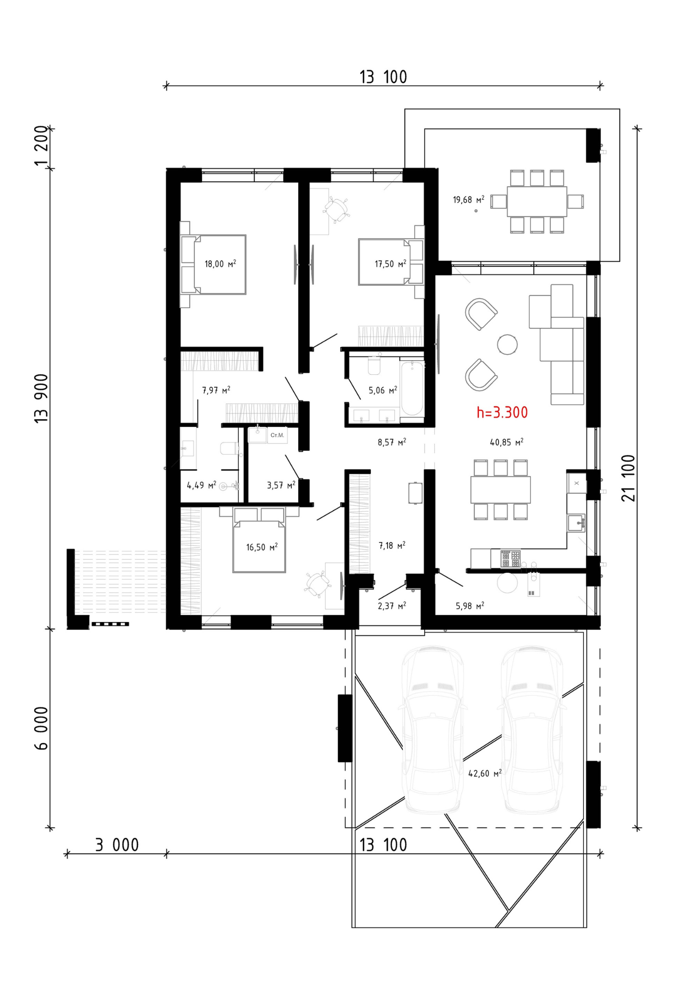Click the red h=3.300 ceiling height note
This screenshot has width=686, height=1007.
[502, 412]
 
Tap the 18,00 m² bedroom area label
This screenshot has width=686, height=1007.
[220, 264]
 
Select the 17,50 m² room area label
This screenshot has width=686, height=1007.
[391, 264]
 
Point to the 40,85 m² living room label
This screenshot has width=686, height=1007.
[507, 442]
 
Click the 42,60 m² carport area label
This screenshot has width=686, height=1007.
[485, 773]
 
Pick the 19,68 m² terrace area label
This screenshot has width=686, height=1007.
[469, 200]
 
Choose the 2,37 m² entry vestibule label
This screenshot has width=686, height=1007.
[392, 606]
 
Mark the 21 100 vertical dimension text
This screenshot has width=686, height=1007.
[628, 478]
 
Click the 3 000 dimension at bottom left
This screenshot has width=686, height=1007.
[117, 845]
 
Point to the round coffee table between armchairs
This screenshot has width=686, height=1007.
[507, 344]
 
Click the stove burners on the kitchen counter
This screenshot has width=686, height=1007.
[510, 558]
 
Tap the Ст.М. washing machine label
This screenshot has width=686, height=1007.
[277, 435]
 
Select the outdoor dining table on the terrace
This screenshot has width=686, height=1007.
[537, 201]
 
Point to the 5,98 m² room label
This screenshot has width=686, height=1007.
[470, 606]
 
